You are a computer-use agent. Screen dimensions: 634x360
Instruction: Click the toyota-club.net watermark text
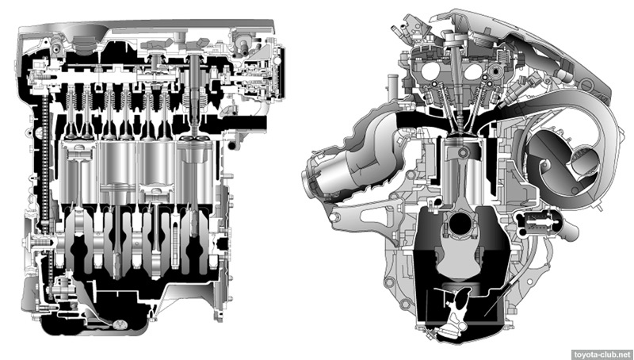602,354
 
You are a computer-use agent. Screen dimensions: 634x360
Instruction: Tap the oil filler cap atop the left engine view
85,44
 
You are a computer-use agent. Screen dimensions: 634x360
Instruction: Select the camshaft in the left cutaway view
133,77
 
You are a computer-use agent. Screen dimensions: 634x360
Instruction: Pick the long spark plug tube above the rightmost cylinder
195,93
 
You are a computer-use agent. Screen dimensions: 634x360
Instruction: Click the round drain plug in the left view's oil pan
120,324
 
